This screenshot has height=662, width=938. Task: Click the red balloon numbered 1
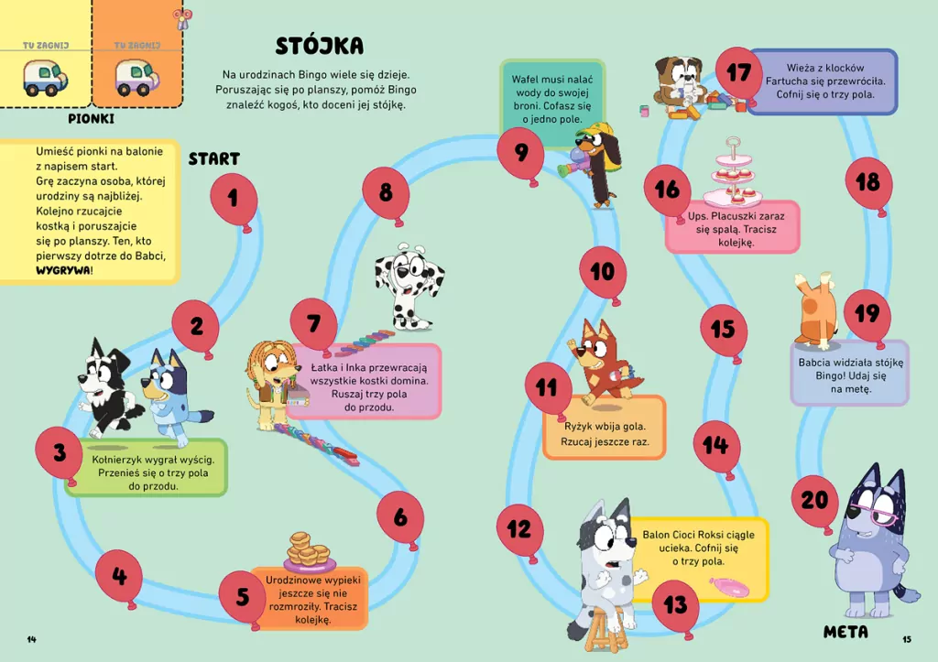[x=234, y=199]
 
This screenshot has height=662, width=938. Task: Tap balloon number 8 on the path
[x=386, y=192]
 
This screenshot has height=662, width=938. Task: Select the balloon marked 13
[x=675, y=604]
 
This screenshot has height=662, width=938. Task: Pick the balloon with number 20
[x=814, y=500]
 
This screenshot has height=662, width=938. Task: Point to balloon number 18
[x=868, y=182]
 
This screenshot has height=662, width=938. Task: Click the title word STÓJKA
[x=320, y=46]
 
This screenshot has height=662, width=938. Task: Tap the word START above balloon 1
[x=214, y=158]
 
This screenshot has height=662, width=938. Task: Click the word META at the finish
[x=845, y=632]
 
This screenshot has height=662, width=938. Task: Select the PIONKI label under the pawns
[x=91, y=118]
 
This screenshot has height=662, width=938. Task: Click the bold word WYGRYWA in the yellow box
[x=63, y=270]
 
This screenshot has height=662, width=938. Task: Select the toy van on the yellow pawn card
[x=45, y=79]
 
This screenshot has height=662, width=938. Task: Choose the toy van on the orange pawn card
[x=136, y=79]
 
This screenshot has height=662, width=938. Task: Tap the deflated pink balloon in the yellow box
[x=729, y=587]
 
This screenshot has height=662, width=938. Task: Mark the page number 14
[x=32, y=639]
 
